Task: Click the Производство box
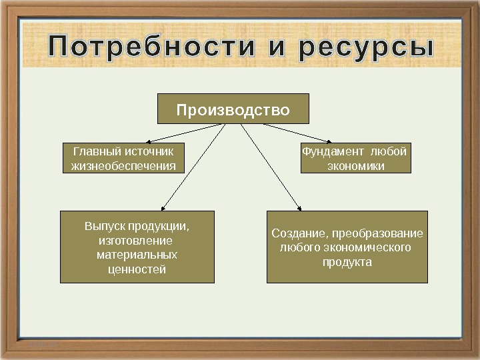[x=233, y=109]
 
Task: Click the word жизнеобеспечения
[x=123, y=166]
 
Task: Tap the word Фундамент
[x=333, y=151]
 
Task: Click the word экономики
[x=355, y=166]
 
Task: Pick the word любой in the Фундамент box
[x=389, y=151]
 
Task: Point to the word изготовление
[x=137, y=240]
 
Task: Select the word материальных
[x=137, y=255]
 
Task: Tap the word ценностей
[x=137, y=269]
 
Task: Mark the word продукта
[x=347, y=263]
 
